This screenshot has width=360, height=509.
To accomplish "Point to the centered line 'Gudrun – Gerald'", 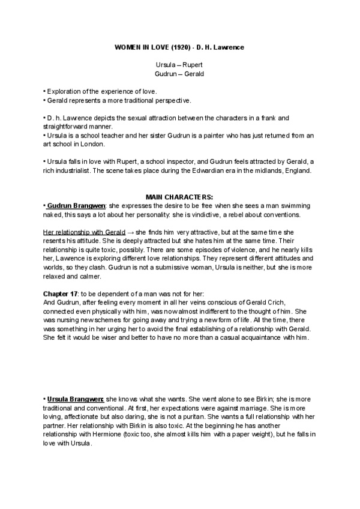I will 180,74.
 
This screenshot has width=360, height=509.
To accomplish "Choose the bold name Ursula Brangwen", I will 74,399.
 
